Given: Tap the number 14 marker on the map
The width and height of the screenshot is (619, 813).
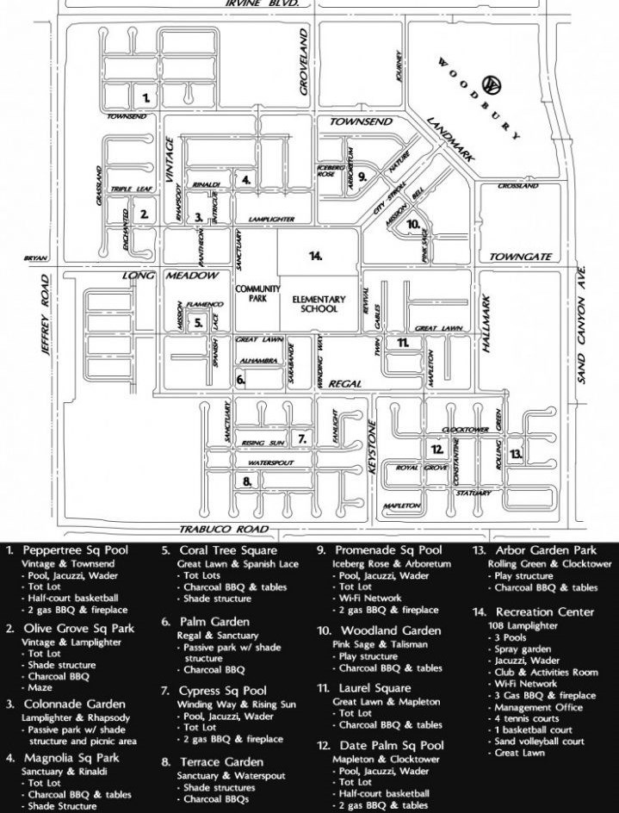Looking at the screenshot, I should (316, 256).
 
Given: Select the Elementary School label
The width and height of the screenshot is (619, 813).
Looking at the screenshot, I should (319, 304).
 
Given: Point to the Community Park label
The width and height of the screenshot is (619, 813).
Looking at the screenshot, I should (252, 294).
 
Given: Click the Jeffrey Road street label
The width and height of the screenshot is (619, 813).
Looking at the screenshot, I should (48, 314).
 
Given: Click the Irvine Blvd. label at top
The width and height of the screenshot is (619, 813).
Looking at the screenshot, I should (262, 3).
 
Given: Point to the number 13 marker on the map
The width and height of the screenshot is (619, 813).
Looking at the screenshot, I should (515, 453).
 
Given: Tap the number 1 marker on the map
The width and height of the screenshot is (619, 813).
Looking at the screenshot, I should (146, 97).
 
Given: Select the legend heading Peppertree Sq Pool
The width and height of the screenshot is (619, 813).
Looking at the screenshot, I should (76, 549).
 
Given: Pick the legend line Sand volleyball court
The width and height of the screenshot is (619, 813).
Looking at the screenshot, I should (539, 742).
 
